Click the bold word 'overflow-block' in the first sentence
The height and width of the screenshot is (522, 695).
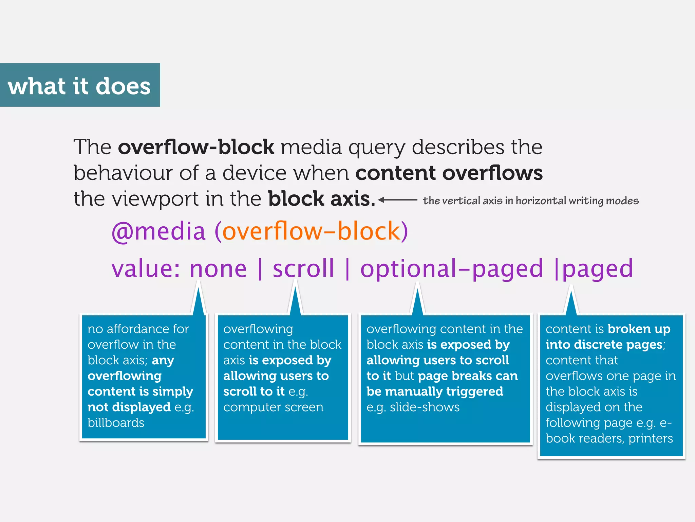pyautogui.click(x=196, y=147)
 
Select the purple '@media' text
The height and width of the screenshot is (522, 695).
pyautogui.click(x=158, y=231)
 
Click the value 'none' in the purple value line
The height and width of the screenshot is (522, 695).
pyautogui.click(x=218, y=269)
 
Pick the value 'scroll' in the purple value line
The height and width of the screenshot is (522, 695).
pyautogui.click(x=303, y=269)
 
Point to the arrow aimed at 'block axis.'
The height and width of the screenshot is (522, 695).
pyautogui.click(x=397, y=200)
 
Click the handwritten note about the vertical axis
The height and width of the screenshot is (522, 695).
pyautogui.click(x=530, y=201)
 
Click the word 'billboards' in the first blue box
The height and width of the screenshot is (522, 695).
pyautogui.click(x=116, y=423)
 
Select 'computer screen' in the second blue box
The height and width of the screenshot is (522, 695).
pyautogui.click(x=273, y=407)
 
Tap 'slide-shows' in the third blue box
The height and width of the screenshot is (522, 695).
pyautogui.click(x=425, y=407)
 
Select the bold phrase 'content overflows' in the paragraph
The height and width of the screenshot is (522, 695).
pyautogui.click(x=449, y=173)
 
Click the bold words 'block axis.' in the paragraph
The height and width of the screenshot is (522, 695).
pyautogui.click(x=322, y=199)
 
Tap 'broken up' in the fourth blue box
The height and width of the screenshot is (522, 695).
pyautogui.click(x=639, y=329)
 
